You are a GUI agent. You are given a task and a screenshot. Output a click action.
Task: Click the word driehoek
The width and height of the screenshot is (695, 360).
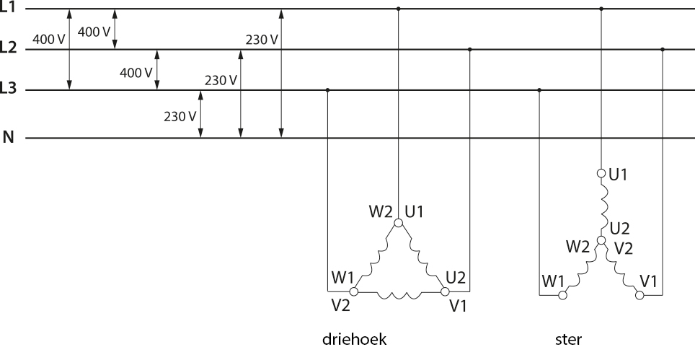pyautogui.click(x=354, y=339)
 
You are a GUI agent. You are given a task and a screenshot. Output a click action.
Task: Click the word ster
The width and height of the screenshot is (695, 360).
pyautogui.click(x=568, y=340)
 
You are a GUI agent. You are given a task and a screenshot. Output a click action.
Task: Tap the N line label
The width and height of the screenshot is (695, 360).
pyautogui.click(x=9, y=138)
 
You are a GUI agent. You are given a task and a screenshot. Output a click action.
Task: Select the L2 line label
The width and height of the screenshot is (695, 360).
pyautogui.click(x=7, y=48)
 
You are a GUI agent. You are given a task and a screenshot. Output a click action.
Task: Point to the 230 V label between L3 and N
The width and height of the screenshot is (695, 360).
pyautogui.click(x=180, y=117)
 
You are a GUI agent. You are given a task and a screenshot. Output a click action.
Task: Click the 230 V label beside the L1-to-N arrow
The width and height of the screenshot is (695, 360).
pyautogui.click(x=262, y=40)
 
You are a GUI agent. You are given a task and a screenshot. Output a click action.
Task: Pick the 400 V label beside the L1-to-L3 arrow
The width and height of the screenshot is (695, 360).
pyautogui.click(x=49, y=40)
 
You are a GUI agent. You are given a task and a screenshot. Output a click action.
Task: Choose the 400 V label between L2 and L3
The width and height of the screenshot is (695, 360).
pyautogui.click(x=136, y=73)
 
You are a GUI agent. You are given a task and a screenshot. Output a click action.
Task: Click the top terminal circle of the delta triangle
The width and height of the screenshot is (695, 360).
pyautogui.click(x=399, y=223)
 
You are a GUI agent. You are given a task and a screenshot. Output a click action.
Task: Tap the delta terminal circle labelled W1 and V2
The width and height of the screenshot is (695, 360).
pyautogui.click(x=354, y=291)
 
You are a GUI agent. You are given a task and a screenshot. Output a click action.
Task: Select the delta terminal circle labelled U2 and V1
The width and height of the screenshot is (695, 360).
pyautogui.click(x=445, y=291)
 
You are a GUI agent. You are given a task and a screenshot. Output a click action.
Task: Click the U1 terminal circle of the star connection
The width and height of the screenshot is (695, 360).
pyautogui.click(x=601, y=173)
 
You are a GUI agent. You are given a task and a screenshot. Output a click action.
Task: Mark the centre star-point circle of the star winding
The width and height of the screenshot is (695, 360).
pyautogui.click(x=601, y=240)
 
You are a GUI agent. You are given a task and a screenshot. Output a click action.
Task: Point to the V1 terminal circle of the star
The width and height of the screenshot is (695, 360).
pyautogui.click(x=639, y=295)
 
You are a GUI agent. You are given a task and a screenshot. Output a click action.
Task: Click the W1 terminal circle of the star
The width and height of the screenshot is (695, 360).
pyautogui.click(x=562, y=295)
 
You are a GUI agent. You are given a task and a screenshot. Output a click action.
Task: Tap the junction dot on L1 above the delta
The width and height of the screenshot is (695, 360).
pyautogui.click(x=399, y=9)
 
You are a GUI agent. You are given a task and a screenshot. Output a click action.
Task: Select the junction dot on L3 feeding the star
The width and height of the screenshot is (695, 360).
pyautogui.click(x=539, y=90)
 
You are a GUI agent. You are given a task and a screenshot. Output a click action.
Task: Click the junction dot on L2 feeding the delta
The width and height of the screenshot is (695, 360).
pyautogui.click(x=470, y=49)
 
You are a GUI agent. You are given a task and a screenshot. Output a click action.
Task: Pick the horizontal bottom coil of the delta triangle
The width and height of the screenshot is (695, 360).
pyautogui.click(x=399, y=295)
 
